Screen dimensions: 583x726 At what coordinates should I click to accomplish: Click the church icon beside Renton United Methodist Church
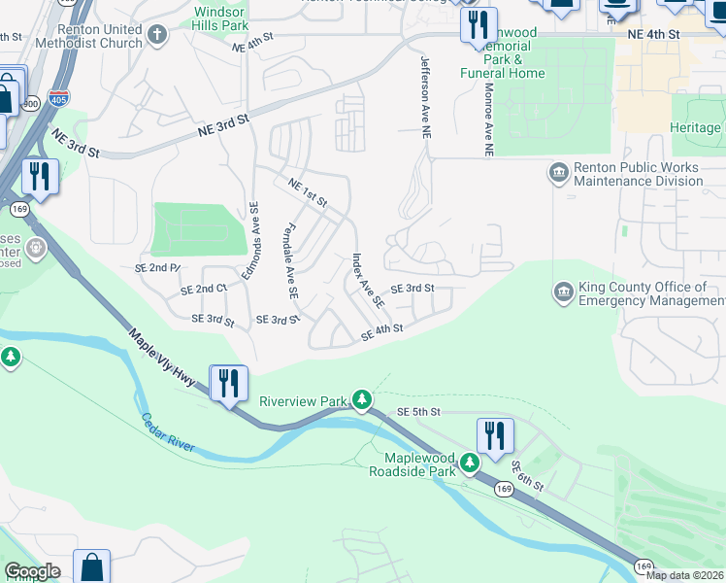159,37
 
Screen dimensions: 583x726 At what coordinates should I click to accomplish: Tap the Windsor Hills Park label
220,17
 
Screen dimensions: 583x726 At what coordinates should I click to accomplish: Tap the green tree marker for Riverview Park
361,398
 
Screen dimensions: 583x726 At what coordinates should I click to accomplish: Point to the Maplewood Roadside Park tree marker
469,463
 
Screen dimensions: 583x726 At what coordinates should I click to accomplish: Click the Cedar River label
168,433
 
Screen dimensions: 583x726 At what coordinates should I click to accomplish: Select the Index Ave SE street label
368,282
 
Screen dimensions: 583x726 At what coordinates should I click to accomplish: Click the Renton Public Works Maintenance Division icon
559,174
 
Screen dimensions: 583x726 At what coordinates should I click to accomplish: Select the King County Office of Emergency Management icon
563,292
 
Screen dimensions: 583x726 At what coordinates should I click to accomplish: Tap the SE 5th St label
419,412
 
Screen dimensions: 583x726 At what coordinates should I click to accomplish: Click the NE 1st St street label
307,191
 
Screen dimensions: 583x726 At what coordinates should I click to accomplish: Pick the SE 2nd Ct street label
203,290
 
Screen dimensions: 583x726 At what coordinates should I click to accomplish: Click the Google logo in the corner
32,571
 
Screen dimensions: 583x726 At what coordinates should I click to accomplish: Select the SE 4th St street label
381,332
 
